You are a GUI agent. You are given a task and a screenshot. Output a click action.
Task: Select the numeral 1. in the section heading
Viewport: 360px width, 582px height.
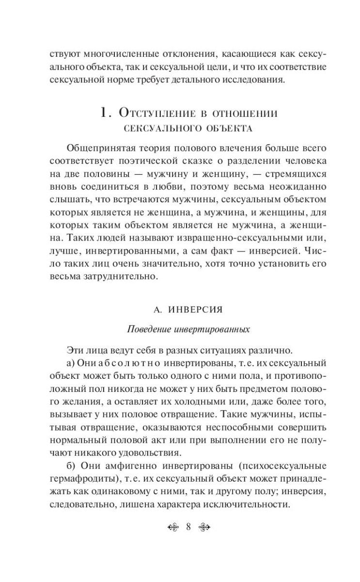tap(105, 114)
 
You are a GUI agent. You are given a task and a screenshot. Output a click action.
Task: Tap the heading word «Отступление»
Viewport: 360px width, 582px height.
tap(160, 115)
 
